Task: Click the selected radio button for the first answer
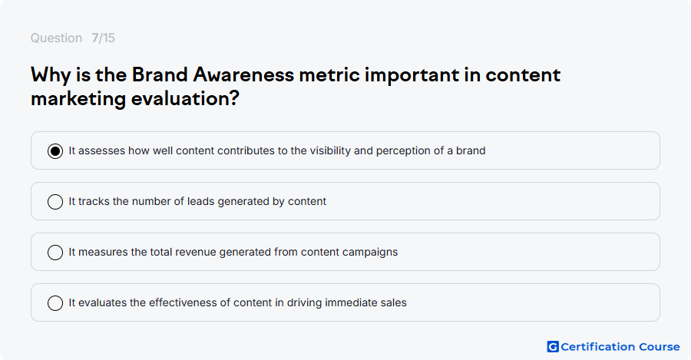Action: pyautogui.click(x=55, y=151)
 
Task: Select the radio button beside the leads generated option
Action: pyautogui.click(x=55, y=202)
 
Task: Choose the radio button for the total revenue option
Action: pyautogui.click(x=55, y=253)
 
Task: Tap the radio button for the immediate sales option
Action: pyautogui.click(x=55, y=303)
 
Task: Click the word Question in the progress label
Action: pyautogui.click(x=56, y=38)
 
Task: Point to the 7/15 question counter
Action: pyautogui.click(x=103, y=38)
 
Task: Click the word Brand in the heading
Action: pyautogui.click(x=160, y=74)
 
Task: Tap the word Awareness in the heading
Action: pyautogui.click(x=243, y=74)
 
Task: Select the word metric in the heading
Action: pyautogui.click(x=329, y=74)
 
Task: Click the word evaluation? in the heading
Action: pyautogui.click(x=185, y=98)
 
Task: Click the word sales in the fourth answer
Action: pyautogui.click(x=395, y=302)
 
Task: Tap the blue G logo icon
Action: pyautogui.click(x=553, y=347)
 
